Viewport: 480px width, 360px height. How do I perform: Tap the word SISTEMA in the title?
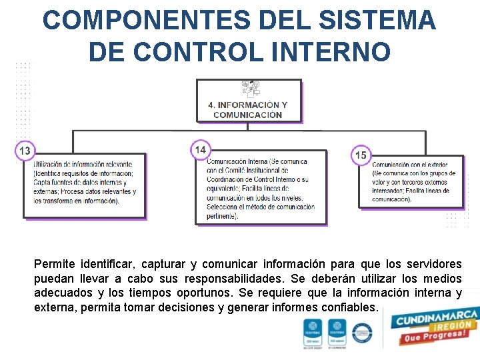coord(374,21)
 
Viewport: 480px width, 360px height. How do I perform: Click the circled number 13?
coord(25,151)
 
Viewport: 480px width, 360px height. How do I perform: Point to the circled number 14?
coord(200,149)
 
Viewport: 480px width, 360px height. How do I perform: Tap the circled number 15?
coord(361,155)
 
